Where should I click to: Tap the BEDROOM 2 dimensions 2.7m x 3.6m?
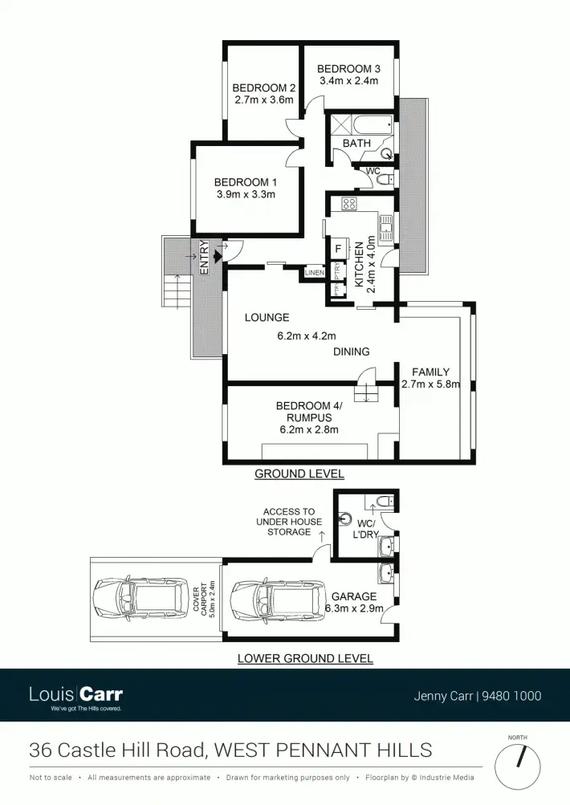264,100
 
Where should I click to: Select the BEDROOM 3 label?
348,69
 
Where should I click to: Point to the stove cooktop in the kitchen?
349,204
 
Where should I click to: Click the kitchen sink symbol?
387,229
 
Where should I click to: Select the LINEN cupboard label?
314,274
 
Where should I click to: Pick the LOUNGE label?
267,318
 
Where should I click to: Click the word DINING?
352,352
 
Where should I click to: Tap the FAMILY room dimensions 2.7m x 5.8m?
430,384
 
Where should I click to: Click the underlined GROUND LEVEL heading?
299,474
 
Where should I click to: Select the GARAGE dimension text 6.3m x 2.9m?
354,609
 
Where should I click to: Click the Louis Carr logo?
75,696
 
